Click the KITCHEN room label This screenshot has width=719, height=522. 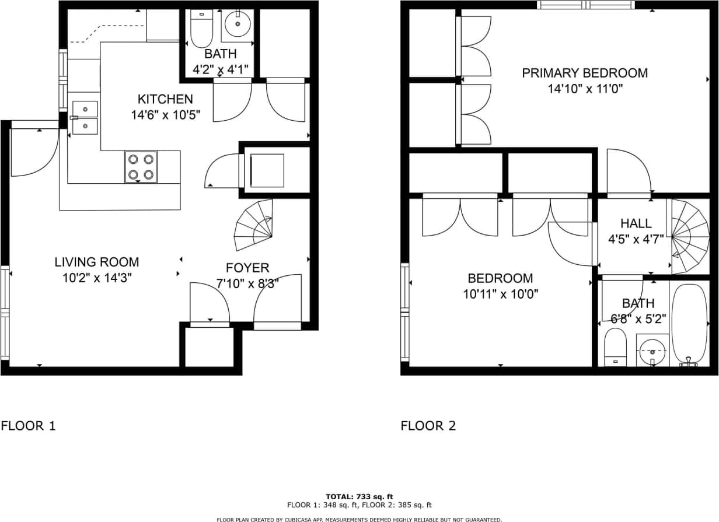click(165, 99)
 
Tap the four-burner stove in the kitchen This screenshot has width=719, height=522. click(141, 166)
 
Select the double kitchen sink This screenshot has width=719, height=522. click(85, 117)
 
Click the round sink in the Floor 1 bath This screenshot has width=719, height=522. click(238, 24)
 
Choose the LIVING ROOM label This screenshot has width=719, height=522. click(97, 262)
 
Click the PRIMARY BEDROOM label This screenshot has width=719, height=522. click(584, 73)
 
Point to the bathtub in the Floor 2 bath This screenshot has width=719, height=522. click(689, 324)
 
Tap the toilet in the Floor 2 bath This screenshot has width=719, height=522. click(615, 345)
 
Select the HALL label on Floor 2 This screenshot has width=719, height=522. click(636, 223)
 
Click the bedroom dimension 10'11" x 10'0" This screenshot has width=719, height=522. click(500, 295)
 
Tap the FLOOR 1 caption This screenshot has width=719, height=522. click(28, 426)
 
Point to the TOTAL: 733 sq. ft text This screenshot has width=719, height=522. click(359, 496)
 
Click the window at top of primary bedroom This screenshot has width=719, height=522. click(585, 5)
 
